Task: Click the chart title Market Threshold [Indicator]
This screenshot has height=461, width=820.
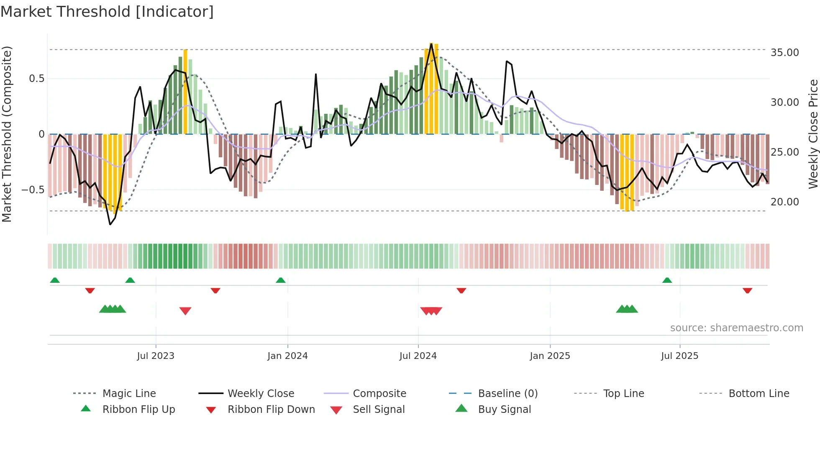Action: (107, 12)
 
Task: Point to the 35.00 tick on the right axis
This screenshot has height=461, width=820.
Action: (784, 53)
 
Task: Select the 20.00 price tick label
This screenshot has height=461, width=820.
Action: (784, 202)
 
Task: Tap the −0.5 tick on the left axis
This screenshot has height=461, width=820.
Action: (33, 190)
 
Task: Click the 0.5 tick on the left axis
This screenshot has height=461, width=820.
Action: (36, 79)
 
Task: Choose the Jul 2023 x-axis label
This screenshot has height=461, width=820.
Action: (156, 356)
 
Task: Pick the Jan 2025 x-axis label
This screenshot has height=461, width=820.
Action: (550, 356)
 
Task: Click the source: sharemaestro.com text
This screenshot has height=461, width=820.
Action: (736, 328)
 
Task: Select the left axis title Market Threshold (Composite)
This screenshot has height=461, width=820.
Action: (7, 134)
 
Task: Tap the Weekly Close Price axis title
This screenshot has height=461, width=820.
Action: (813, 134)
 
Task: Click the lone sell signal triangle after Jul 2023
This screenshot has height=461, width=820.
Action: (185, 311)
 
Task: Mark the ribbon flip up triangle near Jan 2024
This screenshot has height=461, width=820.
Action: (281, 280)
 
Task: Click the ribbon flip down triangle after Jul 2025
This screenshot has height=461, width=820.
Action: (748, 290)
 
